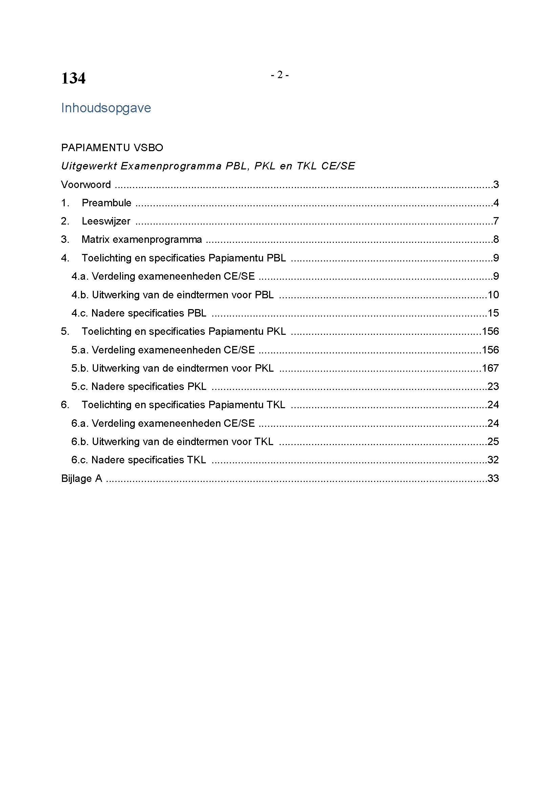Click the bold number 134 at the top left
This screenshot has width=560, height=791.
pyautogui.click(x=73, y=78)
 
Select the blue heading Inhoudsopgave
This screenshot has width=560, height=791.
pyautogui.click(x=106, y=108)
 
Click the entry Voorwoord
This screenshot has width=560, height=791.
pyautogui.click(x=86, y=185)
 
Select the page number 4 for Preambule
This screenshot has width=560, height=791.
pyautogui.click(x=496, y=203)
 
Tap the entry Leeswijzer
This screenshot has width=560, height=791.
pyautogui.click(x=106, y=221)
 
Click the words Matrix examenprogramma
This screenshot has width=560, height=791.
pyautogui.click(x=142, y=239)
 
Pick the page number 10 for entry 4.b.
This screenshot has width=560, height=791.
pyautogui.click(x=493, y=295)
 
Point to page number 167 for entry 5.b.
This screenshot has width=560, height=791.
pyautogui.click(x=490, y=368)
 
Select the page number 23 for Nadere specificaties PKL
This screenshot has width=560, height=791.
pyautogui.click(x=493, y=387)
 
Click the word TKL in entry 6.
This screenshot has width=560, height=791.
pyautogui.click(x=276, y=405)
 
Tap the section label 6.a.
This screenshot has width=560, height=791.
pyautogui.click(x=80, y=423)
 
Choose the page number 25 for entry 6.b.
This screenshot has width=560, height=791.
pyautogui.click(x=493, y=442)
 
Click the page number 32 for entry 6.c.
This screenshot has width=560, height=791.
pyautogui.click(x=493, y=460)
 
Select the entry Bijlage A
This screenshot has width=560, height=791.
pyautogui.click(x=82, y=479)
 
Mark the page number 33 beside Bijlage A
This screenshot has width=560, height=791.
pyautogui.click(x=493, y=479)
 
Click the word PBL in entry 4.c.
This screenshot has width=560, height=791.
pyautogui.click(x=197, y=313)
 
